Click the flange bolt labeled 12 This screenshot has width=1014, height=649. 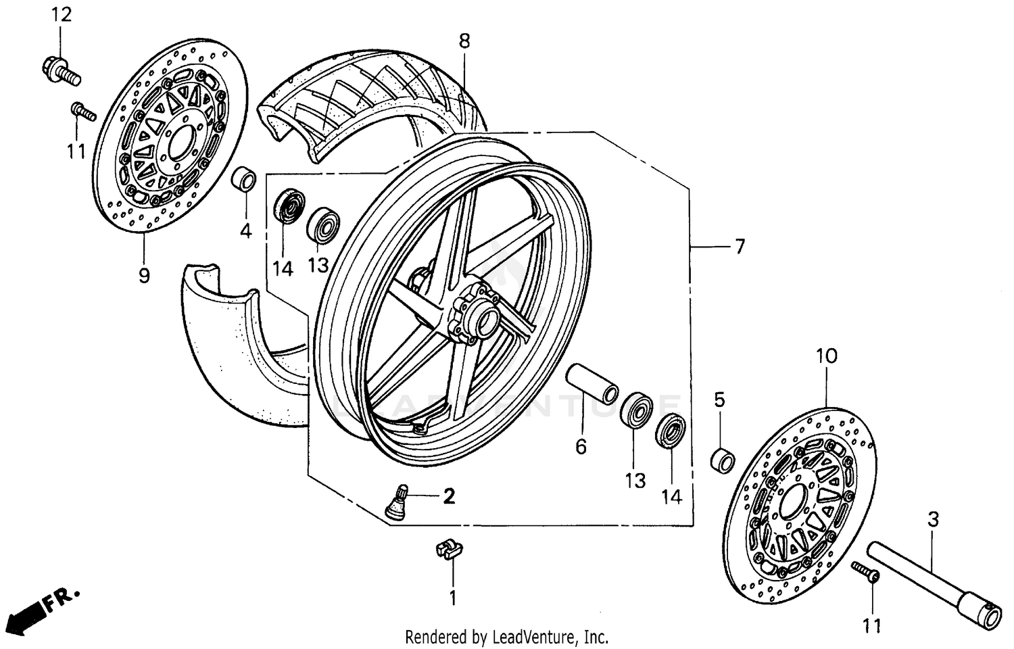[61, 70]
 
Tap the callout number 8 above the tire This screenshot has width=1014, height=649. [464, 41]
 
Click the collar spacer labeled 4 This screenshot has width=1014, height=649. [243, 181]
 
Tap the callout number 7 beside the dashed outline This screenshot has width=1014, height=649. [740, 247]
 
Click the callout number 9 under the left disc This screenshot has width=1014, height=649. [143, 276]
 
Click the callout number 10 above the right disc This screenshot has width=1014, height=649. [826, 356]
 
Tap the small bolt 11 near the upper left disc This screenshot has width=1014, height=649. [83, 112]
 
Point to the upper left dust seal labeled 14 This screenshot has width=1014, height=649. [290, 206]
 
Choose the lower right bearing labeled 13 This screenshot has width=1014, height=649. [636, 410]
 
